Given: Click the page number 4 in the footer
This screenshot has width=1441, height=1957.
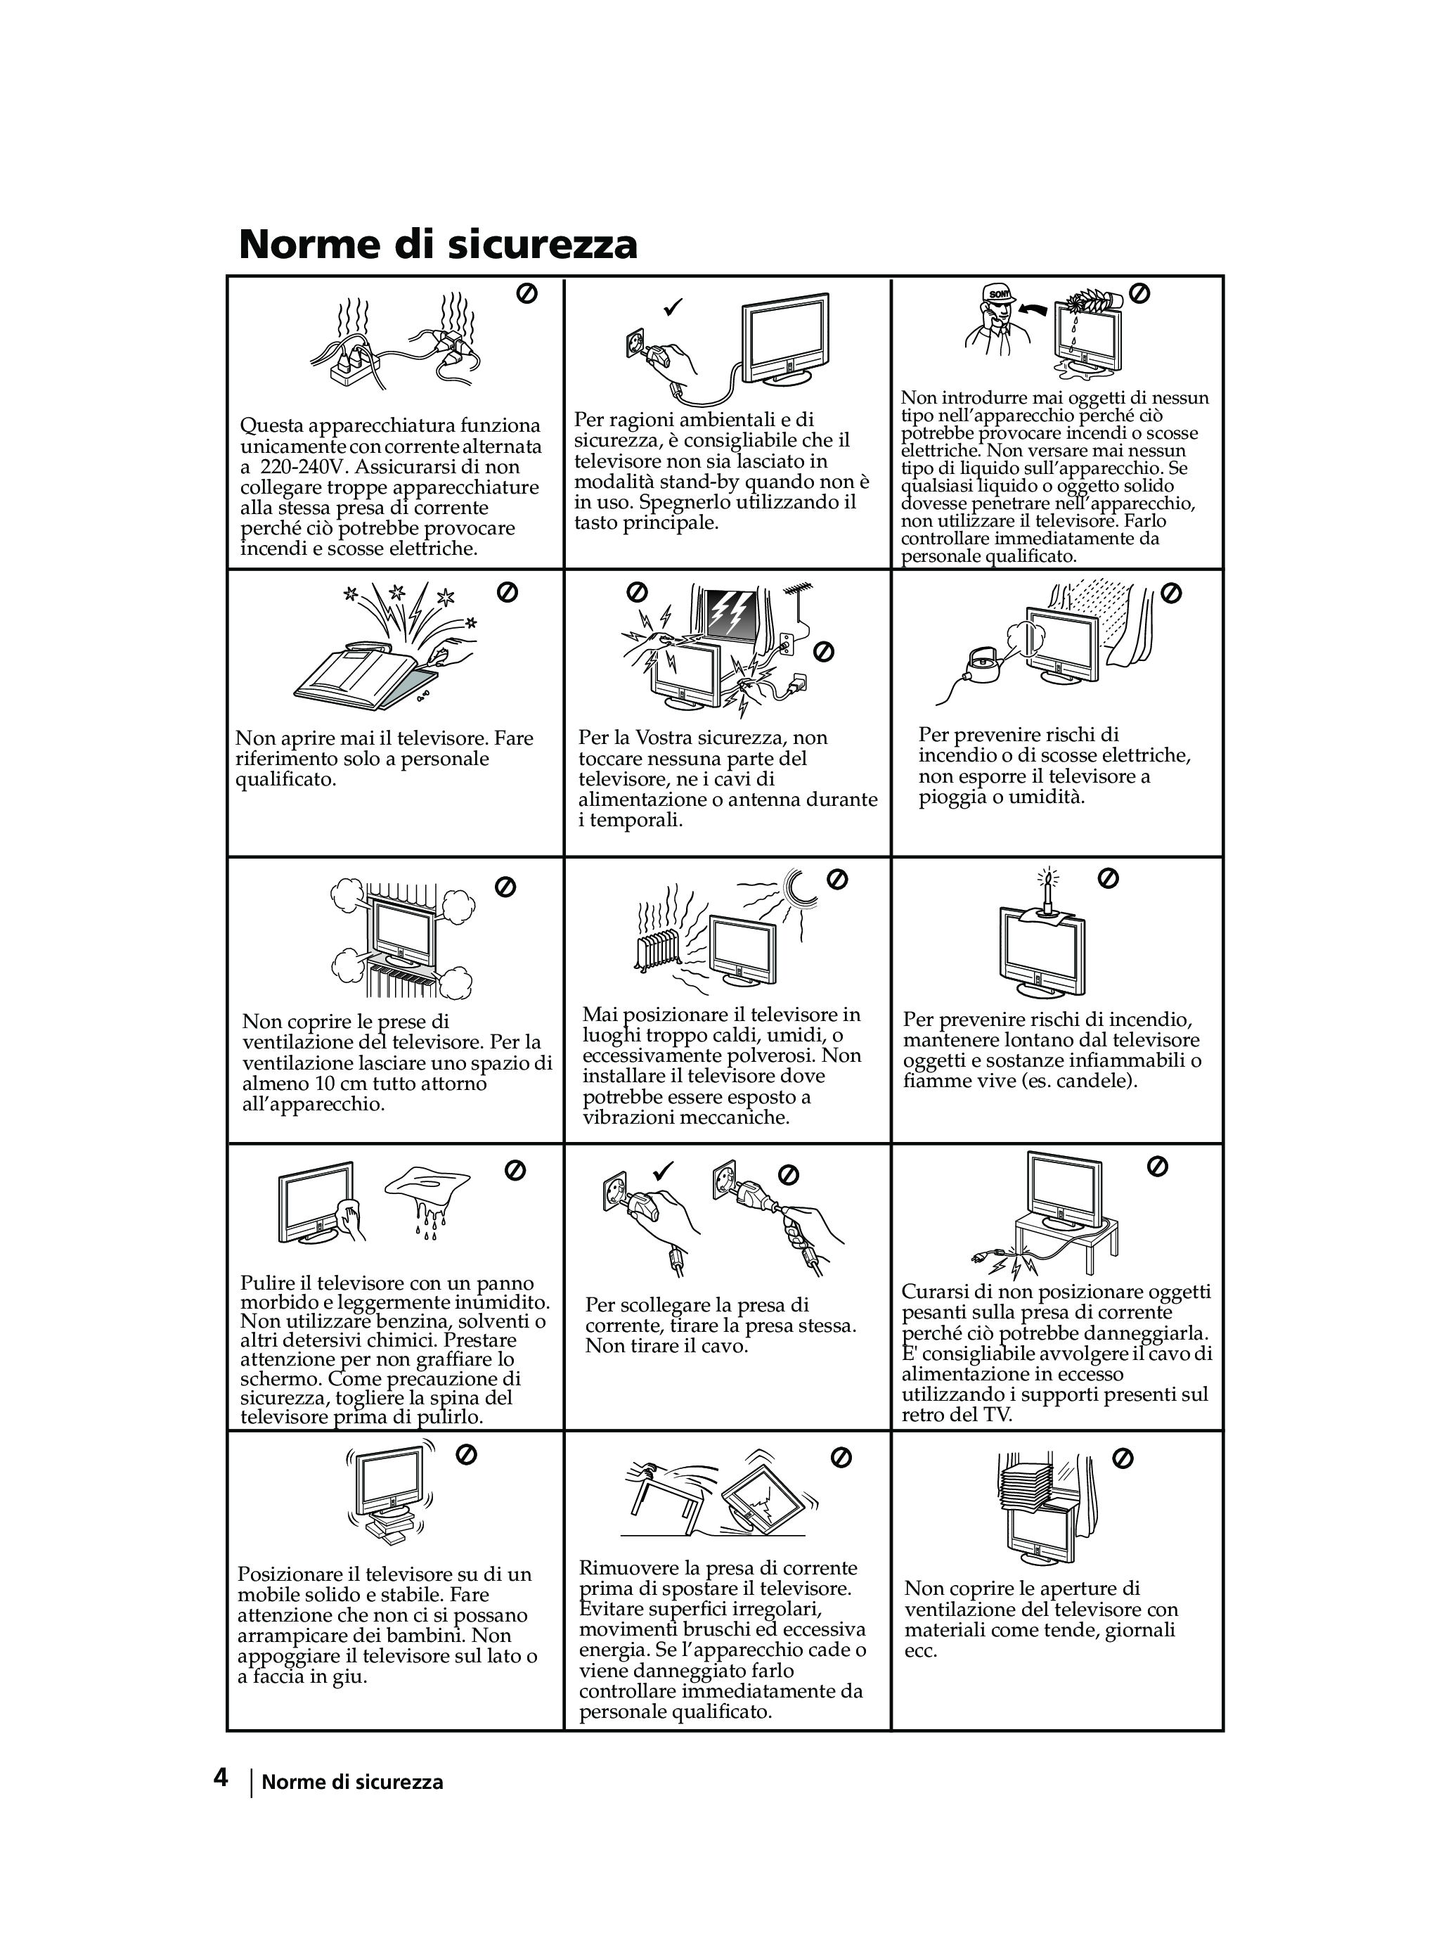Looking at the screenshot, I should [221, 1777].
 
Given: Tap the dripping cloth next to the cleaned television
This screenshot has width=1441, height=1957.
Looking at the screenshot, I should [428, 1189].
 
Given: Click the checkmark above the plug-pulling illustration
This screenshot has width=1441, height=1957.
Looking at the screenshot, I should [664, 1170].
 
